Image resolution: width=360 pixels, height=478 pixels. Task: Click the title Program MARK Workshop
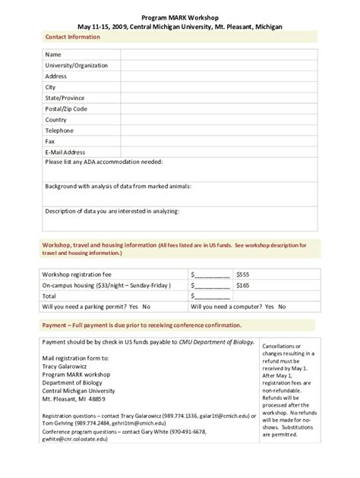(181, 14)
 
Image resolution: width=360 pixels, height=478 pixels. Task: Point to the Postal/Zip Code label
(66, 109)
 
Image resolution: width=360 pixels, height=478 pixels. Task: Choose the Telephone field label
(59, 131)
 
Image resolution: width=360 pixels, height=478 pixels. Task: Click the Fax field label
(50, 141)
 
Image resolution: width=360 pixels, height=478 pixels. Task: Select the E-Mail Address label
(65, 152)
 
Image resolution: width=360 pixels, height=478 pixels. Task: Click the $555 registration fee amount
(244, 273)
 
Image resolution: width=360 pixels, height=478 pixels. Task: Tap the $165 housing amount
(244, 285)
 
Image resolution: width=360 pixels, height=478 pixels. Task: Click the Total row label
(49, 296)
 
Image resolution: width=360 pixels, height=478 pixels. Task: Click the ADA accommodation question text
(104, 162)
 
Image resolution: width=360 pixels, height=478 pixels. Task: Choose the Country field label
(55, 120)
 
